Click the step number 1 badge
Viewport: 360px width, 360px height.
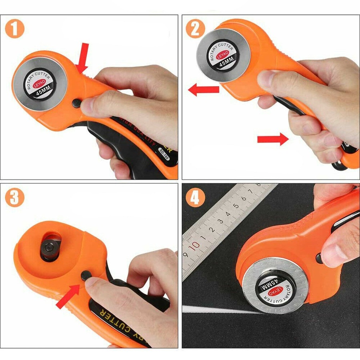pos(15,29)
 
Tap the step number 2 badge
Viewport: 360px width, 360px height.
pos(195,29)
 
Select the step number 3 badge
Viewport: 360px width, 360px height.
pos(15,198)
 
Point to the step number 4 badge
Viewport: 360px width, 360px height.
pos(195,198)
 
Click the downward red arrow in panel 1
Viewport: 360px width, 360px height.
pos(83,58)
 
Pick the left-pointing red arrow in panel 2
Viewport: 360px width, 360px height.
pos(203,90)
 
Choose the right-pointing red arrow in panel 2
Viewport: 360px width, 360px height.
pos(272,139)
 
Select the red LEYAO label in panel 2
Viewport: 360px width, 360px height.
pos(223,56)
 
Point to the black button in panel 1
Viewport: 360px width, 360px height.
pos(76,103)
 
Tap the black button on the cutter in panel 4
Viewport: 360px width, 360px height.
pos(319,258)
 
